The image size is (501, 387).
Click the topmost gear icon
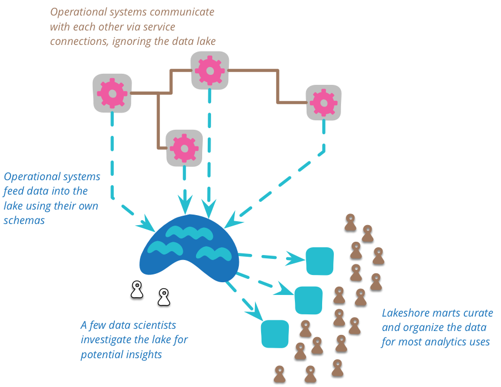(210, 70)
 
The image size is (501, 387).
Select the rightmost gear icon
(323, 103)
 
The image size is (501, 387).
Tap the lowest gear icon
(184, 147)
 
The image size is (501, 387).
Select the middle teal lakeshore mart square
(308, 300)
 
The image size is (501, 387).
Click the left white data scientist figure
(137, 289)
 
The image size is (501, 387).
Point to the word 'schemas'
(24, 220)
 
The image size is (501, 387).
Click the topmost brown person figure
(350, 223)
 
